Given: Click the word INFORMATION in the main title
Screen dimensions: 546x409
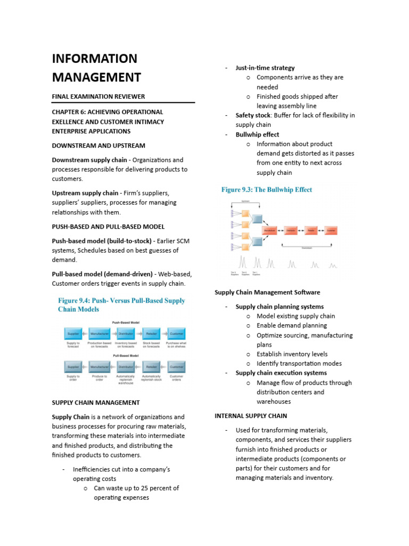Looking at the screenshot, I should tap(94, 59).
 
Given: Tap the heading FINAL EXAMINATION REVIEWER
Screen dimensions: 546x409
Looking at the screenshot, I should tap(98, 97).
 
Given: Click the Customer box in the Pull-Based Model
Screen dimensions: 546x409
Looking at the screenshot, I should tap(176, 367).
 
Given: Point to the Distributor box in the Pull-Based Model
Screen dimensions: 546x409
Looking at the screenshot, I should tap(125, 367).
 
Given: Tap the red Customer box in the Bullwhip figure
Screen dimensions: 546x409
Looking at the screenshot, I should tap(331, 230).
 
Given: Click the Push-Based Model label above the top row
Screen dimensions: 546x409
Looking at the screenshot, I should tap(126, 323).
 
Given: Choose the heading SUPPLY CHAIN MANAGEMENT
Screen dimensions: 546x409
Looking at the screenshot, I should tap(96, 403).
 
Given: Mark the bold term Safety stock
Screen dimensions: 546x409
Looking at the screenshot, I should tap(253, 115).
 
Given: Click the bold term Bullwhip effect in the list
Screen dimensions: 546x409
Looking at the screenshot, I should tap(257, 134).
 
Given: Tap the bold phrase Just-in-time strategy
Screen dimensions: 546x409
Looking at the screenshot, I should tap(265, 68).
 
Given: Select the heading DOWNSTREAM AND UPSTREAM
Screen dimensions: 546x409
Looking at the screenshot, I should tap(99, 146).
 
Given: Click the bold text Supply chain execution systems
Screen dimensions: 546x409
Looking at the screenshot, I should tap(281, 373).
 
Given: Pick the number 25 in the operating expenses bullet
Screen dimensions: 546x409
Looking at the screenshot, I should tap(146, 488).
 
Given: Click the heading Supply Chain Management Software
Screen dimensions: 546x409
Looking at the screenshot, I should tap(267, 292).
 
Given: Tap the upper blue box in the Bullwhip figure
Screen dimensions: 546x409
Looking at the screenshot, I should tap(257, 219).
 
